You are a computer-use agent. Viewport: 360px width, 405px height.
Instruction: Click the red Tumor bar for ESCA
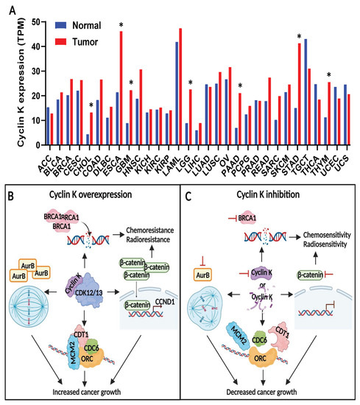tap(121, 81)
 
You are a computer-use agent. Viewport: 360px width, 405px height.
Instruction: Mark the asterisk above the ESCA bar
tap(121, 26)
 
